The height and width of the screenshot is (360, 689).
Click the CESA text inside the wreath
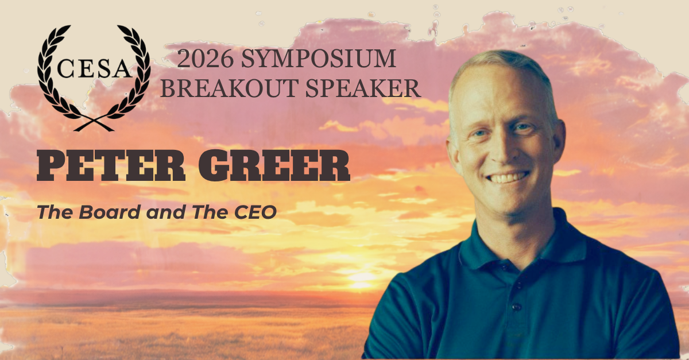pos(94,68)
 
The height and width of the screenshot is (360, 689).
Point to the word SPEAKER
pos(363,88)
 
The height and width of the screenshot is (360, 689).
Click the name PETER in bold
pos(111,165)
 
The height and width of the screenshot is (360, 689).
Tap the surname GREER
pos(274,165)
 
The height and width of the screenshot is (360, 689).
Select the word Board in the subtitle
pos(110,212)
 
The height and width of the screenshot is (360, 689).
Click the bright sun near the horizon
pos(361,278)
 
